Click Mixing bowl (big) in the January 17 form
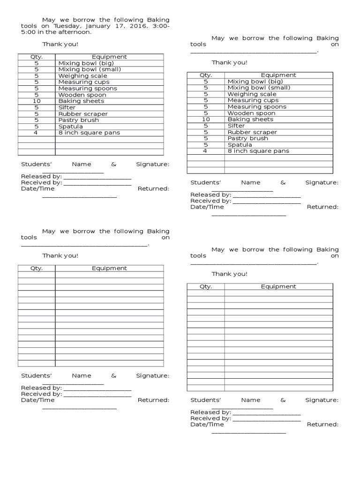pos(86,63)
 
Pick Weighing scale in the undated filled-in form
pos(252,94)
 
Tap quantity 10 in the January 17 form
pos(37,101)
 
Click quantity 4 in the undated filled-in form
pos(205,151)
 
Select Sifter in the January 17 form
pos(67,107)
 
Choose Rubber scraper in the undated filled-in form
pos(252,132)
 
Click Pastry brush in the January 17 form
pos(78,120)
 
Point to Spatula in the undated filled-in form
pos(240,145)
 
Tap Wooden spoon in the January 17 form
pos(82,95)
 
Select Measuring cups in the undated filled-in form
pos(253,100)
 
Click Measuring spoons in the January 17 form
pos(88,89)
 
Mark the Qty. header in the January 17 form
pos(37,57)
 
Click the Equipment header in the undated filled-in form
pos(278,75)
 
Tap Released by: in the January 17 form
pos(41,177)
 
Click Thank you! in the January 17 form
pos(60,45)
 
